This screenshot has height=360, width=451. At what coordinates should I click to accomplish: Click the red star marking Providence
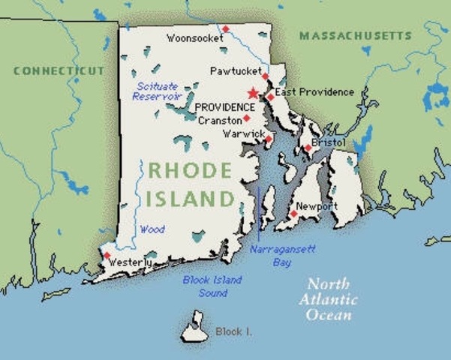click(253, 94)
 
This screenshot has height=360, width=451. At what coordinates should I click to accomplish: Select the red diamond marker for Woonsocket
click(225, 29)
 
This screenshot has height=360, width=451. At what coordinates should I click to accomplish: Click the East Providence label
click(314, 92)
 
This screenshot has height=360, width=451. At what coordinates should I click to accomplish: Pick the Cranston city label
click(219, 120)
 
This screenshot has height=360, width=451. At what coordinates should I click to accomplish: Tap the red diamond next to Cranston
click(246, 118)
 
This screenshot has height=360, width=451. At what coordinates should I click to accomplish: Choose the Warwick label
click(242, 134)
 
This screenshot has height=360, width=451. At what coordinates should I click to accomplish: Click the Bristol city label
click(330, 142)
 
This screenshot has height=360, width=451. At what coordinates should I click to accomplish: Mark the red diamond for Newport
click(294, 214)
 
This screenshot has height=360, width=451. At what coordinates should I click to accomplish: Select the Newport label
click(317, 205)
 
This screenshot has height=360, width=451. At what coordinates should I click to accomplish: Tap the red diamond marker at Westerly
click(106, 256)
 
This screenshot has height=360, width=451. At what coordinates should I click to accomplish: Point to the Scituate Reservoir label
click(156, 91)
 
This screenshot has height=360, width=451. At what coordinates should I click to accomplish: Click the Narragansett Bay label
click(272, 255)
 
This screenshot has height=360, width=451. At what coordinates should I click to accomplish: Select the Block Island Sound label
click(212, 286)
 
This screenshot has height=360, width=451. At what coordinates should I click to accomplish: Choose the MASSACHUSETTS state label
click(355, 35)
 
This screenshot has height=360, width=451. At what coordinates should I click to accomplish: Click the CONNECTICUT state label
click(59, 70)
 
